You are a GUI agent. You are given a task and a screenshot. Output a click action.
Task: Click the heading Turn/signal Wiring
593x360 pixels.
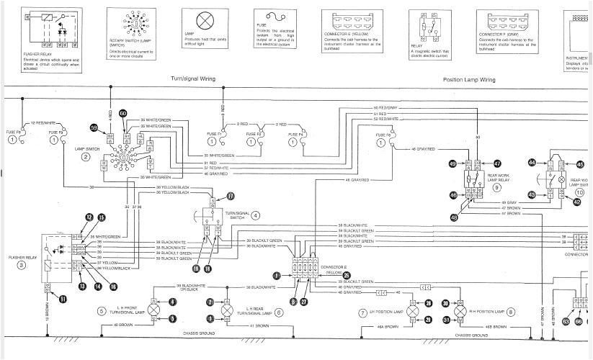(192, 78)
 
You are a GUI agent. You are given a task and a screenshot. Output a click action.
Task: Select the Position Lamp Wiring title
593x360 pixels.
(468, 79)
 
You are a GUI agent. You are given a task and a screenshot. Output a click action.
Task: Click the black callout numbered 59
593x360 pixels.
(94, 127)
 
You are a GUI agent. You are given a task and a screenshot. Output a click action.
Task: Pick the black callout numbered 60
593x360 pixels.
(122, 114)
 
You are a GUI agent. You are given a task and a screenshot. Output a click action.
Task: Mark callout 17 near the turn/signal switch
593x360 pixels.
(231, 196)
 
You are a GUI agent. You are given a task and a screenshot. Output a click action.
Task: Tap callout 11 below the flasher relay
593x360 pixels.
(63, 299)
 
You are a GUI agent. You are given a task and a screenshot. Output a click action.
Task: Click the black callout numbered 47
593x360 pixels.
(497, 164)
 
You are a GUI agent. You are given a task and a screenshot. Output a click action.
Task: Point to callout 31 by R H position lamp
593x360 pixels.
(445, 320)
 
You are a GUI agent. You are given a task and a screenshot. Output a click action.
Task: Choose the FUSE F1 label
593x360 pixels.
(213, 133)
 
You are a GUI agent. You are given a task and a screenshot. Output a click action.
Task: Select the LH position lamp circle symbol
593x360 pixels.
(413, 312)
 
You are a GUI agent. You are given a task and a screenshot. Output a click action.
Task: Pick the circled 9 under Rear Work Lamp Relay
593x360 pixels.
(497, 186)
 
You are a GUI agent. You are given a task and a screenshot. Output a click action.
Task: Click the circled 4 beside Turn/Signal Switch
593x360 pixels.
(255, 215)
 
